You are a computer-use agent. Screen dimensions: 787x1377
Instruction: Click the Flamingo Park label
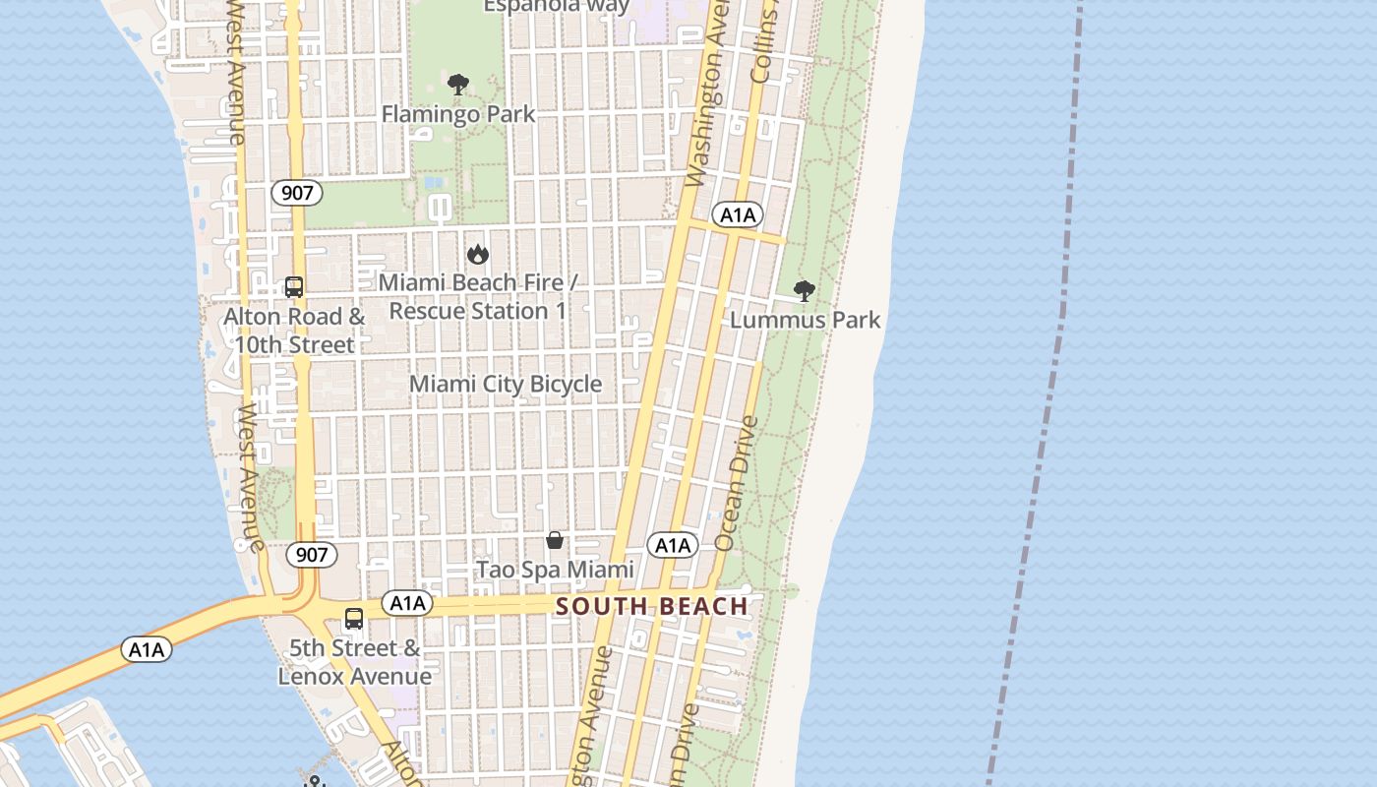458,114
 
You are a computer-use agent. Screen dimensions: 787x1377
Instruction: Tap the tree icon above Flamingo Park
457,85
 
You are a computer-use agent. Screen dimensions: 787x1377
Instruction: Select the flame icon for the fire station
478,255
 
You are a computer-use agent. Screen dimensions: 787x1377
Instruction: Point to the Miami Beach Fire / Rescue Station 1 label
478,297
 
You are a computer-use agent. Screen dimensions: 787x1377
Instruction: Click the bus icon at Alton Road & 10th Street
294,287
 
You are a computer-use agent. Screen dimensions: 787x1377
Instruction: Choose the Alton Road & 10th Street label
294,331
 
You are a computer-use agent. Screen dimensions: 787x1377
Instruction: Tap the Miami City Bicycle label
506,384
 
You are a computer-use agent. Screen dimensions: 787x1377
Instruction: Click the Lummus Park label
806,320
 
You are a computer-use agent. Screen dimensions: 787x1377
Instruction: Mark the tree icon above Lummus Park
805,291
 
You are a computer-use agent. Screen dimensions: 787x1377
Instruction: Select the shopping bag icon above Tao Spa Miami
555,540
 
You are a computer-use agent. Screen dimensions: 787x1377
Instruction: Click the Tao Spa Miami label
556,570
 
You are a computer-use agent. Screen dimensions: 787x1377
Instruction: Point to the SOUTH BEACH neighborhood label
652,606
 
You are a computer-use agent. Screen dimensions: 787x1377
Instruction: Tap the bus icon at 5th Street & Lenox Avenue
354,620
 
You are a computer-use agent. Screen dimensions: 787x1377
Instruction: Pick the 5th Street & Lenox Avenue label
355,662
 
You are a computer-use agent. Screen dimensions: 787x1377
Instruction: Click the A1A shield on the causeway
147,649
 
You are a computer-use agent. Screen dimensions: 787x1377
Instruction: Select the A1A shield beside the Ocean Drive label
673,545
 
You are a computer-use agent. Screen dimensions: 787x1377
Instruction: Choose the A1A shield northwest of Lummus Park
737,215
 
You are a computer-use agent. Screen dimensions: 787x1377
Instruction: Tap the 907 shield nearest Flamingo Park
297,193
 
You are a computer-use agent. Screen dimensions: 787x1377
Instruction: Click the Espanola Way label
557,7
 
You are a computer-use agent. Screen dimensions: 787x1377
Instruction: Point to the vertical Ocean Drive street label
737,483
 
